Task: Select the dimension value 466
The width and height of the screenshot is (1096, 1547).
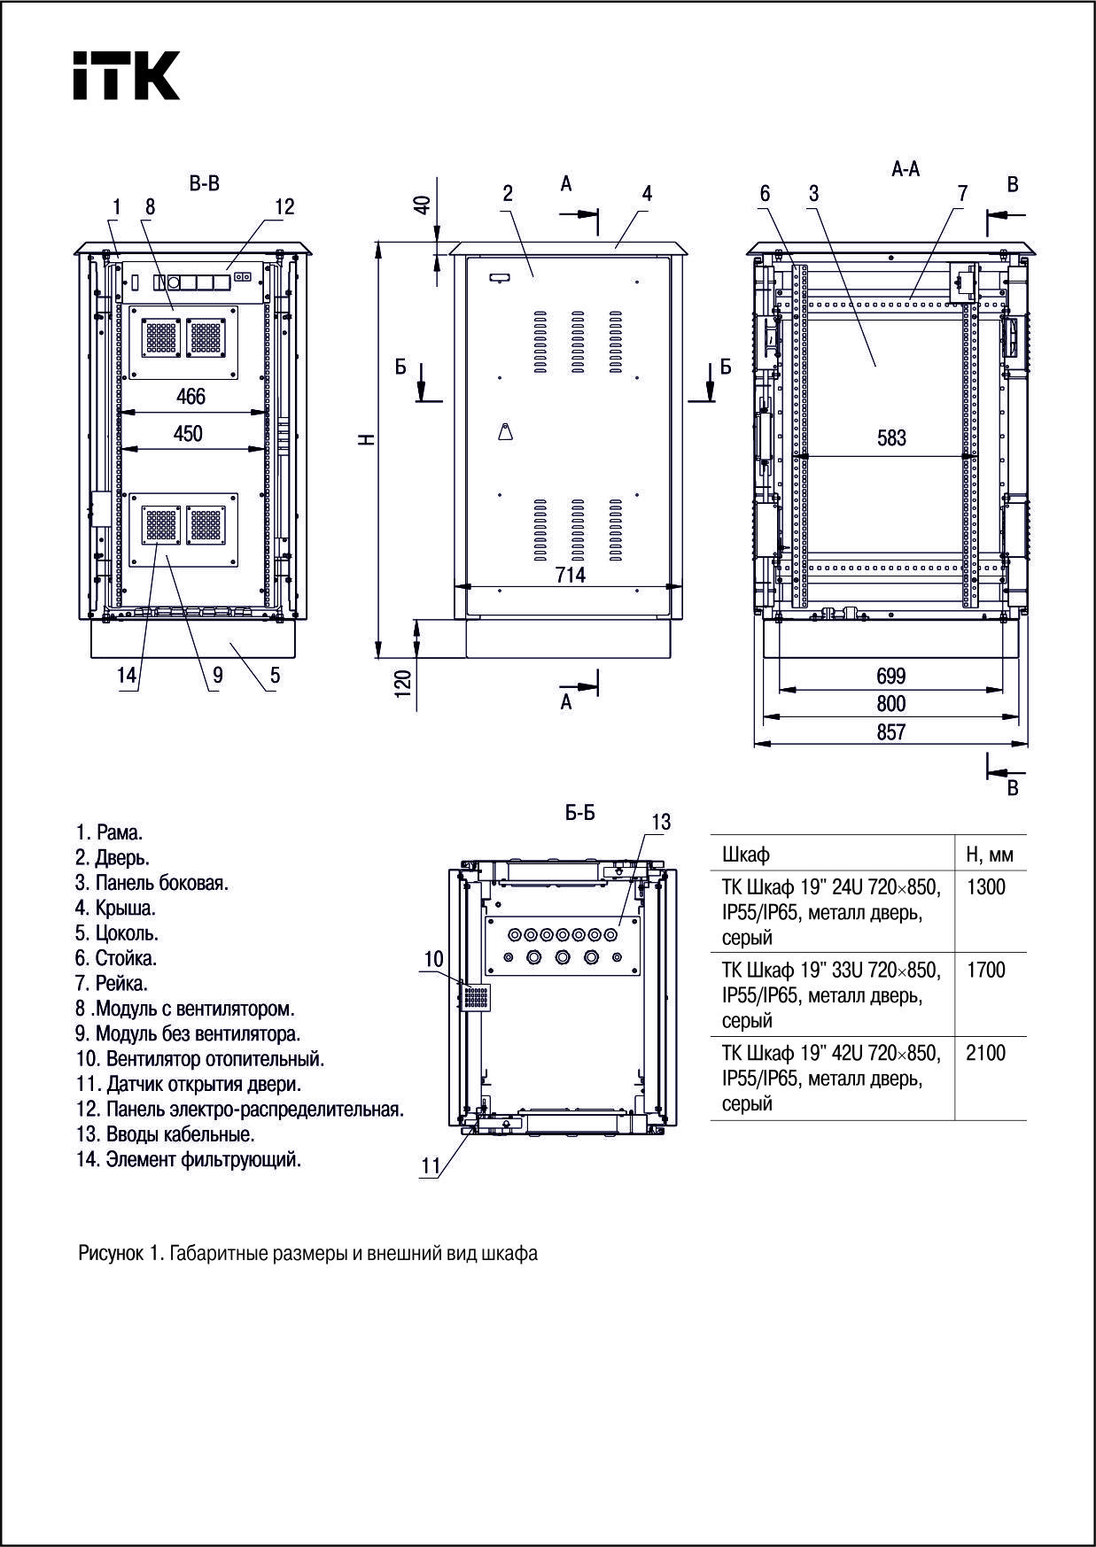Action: tap(190, 397)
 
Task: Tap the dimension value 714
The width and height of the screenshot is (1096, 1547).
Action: tap(570, 575)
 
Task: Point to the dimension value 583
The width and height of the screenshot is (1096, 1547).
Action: tap(891, 438)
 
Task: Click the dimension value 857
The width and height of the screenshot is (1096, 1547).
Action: tap(891, 731)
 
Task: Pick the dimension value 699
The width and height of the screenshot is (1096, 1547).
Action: tap(891, 676)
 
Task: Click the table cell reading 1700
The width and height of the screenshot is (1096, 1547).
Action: tap(985, 970)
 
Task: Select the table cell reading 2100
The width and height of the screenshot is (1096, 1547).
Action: tap(985, 1053)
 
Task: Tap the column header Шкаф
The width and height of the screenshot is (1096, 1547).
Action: tap(746, 855)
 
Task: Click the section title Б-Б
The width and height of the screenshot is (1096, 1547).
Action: tap(580, 813)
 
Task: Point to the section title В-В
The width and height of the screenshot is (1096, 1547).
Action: tap(204, 183)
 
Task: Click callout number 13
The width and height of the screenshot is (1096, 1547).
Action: tap(661, 823)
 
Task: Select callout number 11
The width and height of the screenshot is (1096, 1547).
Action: tap(431, 1167)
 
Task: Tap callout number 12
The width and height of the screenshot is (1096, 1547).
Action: tap(284, 206)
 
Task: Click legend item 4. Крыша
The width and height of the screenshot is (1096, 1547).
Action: tap(115, 908)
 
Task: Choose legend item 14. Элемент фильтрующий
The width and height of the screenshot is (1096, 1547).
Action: tap(189, 1159)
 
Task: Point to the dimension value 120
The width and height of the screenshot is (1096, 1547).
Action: tap(404, 684)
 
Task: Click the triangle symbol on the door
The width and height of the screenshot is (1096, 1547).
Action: tap(505, 432)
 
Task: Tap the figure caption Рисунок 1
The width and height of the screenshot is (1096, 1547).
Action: tap(307, 1253)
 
